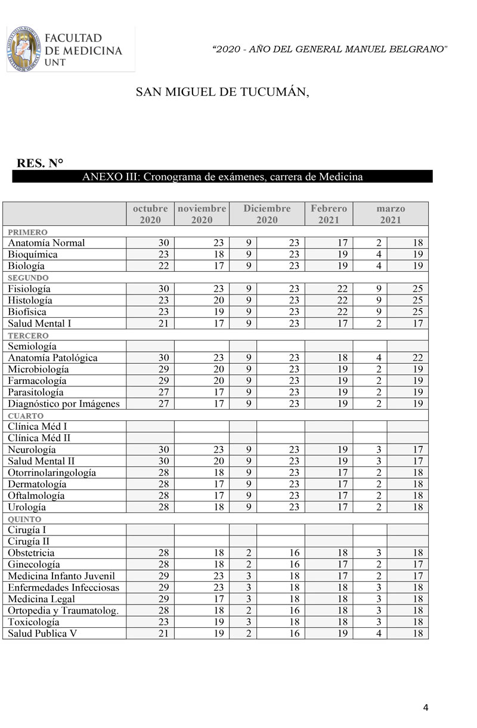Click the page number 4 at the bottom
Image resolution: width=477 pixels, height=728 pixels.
click(x=426, y=708)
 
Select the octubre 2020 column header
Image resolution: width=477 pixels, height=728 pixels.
click(x=150, y=214)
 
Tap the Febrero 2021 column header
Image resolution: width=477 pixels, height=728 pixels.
click(x=329, y=214)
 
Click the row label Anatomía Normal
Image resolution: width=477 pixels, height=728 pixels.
click(x=47, y=243)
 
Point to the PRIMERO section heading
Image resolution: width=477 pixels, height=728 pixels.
click(x=27, y=232)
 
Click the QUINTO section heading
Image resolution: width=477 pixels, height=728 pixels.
click(x=24, y=519)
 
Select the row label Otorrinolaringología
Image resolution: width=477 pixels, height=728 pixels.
click(x=52, y=473)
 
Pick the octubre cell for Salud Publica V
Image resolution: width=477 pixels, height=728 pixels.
click(x=150, y=633)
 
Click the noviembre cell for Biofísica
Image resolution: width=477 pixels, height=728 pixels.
click(x=202, y=312)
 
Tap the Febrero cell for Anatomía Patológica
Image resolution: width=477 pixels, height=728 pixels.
click(x=329, y=358)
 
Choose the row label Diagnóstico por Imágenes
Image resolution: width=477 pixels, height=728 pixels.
click(x=64, y=404)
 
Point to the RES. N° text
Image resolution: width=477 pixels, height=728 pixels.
click(x=41, y=164)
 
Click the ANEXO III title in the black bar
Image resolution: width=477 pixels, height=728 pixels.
click(x=222, y=177)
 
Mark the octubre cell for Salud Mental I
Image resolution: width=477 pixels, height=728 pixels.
click(x=150, y=323)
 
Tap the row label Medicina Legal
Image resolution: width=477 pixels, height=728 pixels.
click(x=42, y=599)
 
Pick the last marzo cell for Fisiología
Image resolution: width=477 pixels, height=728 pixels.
click(x=408, y=289)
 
